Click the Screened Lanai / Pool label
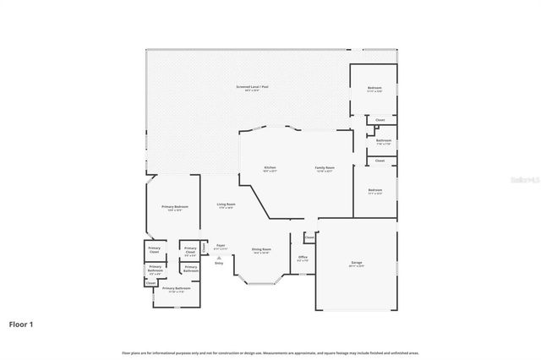pos(253,87)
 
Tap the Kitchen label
pos(270,169)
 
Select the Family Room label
pos(325,169)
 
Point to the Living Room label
pos(226,206)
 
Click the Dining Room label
pos(261,250)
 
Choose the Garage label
pos(357,263)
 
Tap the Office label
pos(303,258)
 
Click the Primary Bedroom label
pos(175,208)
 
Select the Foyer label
pos(220,248)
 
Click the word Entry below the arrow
pos(219,264)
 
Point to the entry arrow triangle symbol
pos(219,258)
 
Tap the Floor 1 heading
pos(22,324)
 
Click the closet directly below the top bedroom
pos(380,120)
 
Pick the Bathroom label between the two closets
pos(384,141)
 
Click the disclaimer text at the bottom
pos(270,352)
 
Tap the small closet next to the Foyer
pos(204,248)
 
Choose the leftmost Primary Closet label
pos(154,250)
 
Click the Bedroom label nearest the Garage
pos(374,191)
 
